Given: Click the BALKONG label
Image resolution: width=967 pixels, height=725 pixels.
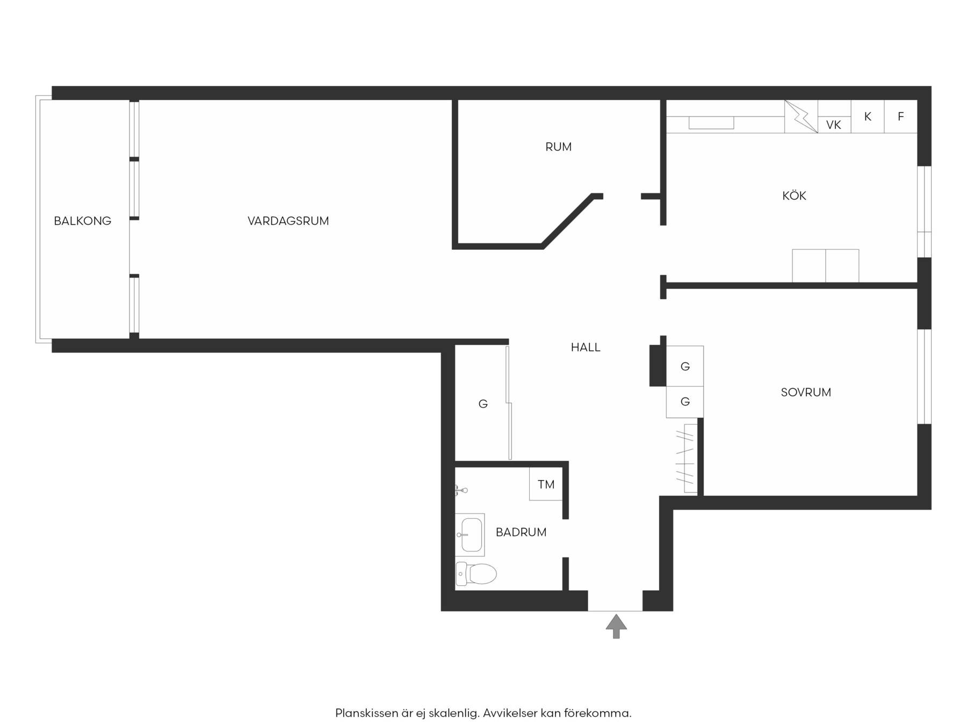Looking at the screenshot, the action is coord(82,221).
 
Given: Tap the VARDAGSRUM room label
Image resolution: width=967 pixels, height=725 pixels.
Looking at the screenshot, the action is coord(288,221).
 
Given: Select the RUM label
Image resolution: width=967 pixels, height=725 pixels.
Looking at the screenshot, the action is coord(558,147).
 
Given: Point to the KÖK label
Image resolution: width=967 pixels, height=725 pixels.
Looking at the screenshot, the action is coord(794,195).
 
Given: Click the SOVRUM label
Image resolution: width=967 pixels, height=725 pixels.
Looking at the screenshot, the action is coord(806,393).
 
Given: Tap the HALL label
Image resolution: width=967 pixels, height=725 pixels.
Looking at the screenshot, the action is coord(586,347).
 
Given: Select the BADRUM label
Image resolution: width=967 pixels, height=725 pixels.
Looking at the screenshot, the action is coord(521,532).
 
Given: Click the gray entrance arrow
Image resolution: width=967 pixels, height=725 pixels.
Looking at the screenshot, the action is coord(616,626).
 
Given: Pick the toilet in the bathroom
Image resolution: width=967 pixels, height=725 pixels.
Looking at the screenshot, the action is coord(476,574).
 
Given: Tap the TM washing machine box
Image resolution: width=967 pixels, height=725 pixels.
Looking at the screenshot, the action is coord(546,484).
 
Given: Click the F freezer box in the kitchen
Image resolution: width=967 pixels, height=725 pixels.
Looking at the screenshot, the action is coord(901,117).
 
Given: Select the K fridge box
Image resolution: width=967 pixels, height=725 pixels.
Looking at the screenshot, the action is coord(868,117).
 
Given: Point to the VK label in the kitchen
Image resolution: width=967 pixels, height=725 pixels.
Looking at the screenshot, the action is coord(833,125).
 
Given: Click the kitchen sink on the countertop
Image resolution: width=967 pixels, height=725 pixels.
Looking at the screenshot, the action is coord(711,123).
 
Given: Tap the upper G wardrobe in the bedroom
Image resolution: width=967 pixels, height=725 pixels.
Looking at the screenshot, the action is coord(685,366).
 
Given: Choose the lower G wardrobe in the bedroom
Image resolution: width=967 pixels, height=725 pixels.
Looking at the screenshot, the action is coord(685,402).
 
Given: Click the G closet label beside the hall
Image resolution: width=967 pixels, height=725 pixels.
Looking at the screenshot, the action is coord(483,404).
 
